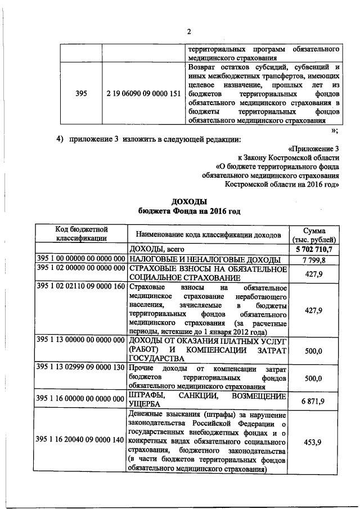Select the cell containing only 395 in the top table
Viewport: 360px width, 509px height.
tap(81, 93)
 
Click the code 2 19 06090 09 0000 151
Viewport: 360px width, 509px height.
tap(143, 93)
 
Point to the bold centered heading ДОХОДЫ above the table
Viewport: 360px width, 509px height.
tap(189, 201)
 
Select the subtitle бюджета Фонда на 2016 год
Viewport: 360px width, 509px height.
tap(189, 211)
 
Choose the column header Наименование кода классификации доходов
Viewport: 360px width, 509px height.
tap(208, 234)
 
